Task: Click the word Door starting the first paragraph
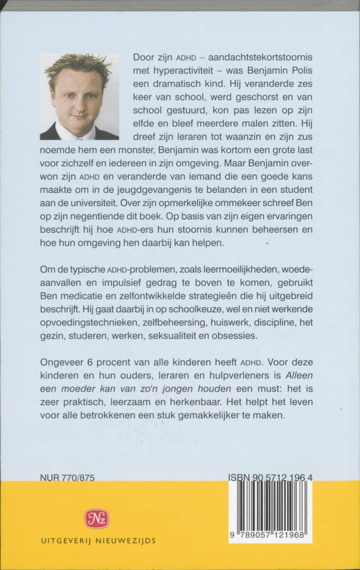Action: [146, 57]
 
